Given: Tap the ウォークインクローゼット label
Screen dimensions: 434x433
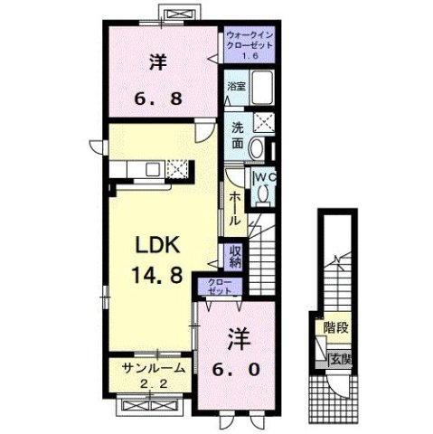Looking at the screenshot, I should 247,41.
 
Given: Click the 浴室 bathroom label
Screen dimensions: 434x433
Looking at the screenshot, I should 236,88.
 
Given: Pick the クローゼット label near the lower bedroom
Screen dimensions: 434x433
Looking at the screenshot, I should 220,287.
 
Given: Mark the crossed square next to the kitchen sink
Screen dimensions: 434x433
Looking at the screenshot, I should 179,167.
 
